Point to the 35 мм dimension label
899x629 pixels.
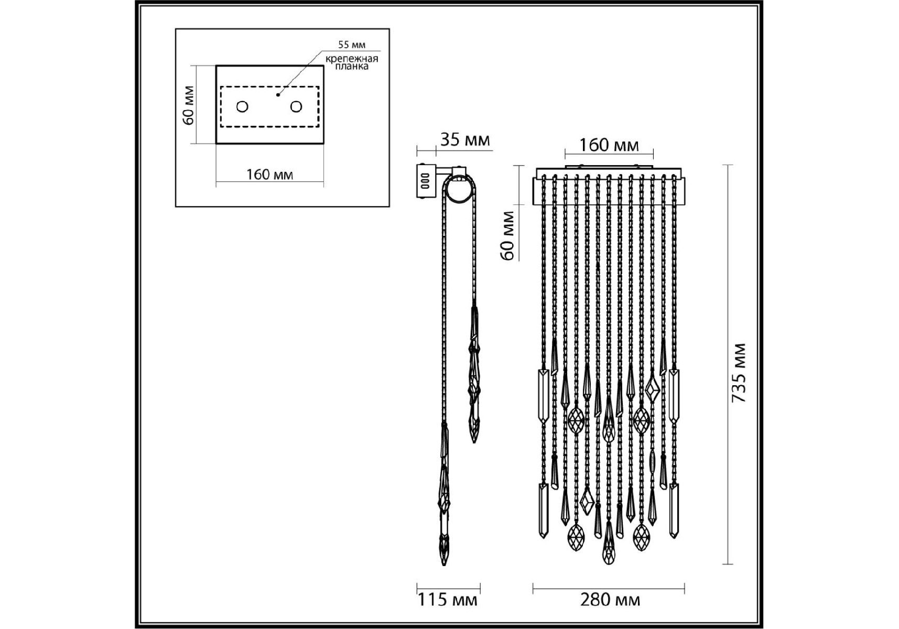tap(464, 140)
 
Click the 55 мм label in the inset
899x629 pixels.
tap(352, 45)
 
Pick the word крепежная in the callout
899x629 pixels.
tap(352, 59)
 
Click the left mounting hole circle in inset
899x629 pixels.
tap(242, 107)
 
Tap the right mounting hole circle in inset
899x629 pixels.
tap(296, 107)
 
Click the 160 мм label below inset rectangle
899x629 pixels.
tap(269, 174)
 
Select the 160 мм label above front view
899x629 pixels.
tap(609, 145)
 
